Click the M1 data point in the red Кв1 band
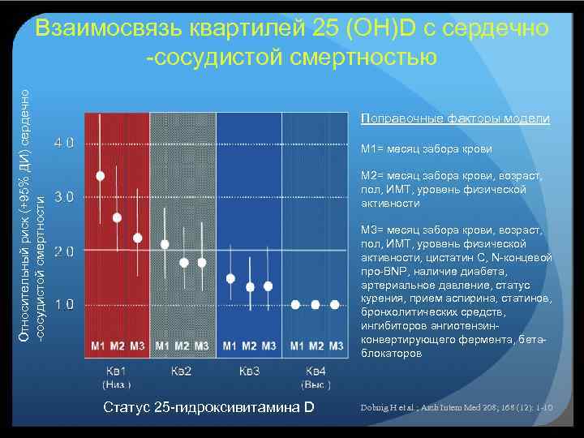pos(100,175)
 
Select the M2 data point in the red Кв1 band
pos(118,217)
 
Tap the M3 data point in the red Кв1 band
pos(137,238)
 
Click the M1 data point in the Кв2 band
pos(165,244)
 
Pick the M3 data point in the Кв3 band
pos(268,286)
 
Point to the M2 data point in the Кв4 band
pos(315,305)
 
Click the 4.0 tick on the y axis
pos(65,143)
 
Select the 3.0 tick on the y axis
pos(65,196)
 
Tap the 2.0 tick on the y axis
pos(65,251)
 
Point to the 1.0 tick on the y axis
pos(65,304)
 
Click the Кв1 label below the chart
pos(116,371)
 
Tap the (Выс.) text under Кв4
pos(316,383)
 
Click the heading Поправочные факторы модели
pos(455,119)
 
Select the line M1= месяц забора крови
pos(427,149)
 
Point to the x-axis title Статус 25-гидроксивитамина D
pos(209,406)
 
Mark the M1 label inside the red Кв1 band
pos(98,346)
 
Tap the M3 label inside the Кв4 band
pos(335,346)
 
